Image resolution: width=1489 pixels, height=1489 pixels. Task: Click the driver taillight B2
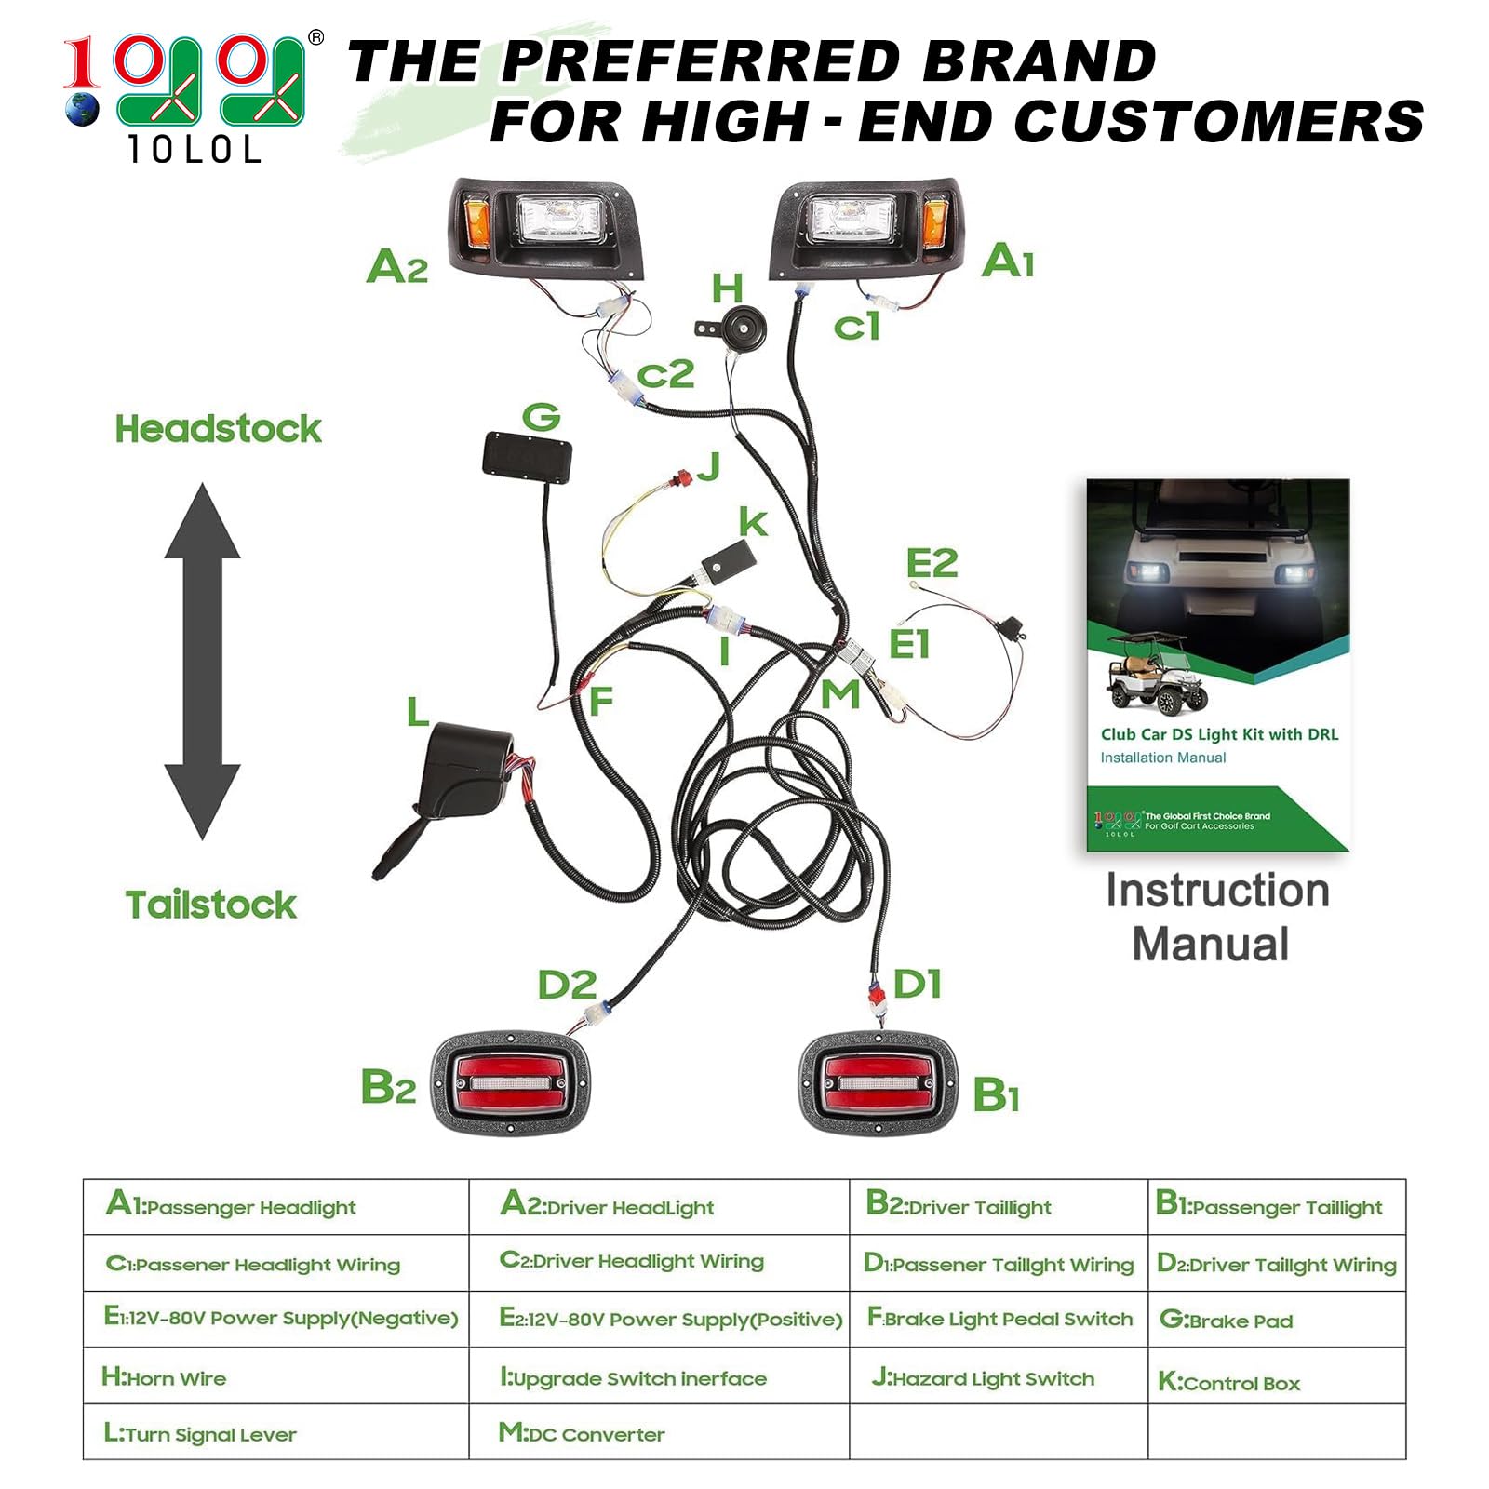click(511, 1083)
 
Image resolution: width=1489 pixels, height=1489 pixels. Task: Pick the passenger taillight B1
click(879, 1083)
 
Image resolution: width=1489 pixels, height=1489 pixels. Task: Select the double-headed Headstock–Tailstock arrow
click(202, 661)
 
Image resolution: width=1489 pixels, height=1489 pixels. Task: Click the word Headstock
click(218, 429)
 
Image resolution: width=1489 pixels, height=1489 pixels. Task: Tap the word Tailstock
click(211, 905)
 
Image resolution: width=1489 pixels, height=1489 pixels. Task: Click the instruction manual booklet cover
click(1217, 664)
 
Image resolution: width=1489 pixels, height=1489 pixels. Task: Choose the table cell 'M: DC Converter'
click(659, 1431)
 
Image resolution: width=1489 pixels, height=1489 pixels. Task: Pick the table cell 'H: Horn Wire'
click(276, 1375)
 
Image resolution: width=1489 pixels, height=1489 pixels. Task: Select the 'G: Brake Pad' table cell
click(1277, 1319)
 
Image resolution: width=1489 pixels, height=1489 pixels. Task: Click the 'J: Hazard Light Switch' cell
click(999, 1375)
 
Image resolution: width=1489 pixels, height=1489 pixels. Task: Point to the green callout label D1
click(918, 984)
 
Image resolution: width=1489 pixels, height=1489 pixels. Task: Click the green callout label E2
click(932, 563)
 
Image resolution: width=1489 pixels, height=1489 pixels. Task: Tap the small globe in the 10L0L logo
click(82, 109)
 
